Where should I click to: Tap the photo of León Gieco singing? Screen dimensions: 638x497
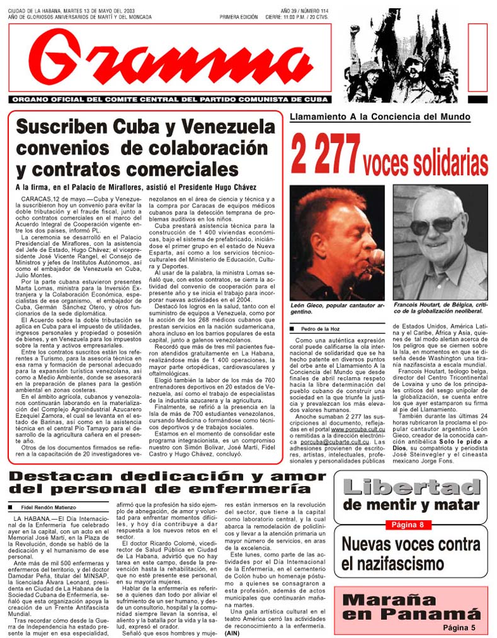coord(338,242)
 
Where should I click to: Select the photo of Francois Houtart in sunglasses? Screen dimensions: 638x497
coord(440,242)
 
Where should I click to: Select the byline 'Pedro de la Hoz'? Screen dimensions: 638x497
coord(324,329)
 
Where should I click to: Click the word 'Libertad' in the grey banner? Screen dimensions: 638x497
coord(411,487)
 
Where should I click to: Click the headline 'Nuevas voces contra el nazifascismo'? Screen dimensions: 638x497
coord(411,554)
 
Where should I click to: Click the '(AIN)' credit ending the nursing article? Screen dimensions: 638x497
coord(234,632)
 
